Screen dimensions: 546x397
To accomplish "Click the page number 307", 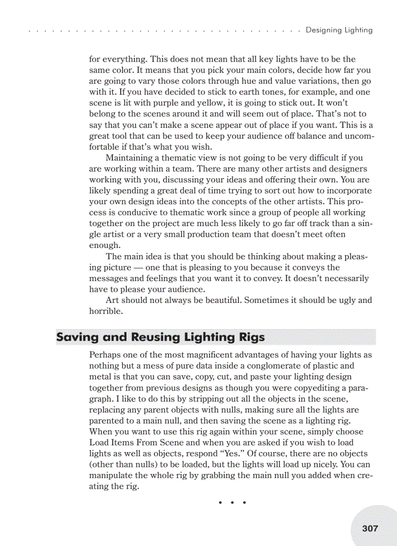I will click(370, 528).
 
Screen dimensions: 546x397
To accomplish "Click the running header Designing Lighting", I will click(339, 30).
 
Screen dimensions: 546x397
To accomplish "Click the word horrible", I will click(105, 311).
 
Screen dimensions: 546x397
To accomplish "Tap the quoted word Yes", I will click(238, 454).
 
